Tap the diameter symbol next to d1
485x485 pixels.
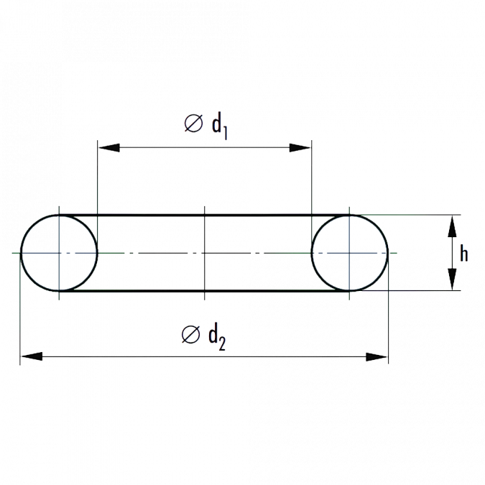[193, 124]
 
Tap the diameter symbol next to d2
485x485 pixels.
[191, 334]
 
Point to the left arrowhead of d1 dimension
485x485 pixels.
[109, 147]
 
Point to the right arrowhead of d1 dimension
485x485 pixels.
[300, 147]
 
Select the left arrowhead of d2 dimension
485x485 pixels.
[32, 356]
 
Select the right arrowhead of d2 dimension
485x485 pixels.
[377, 356]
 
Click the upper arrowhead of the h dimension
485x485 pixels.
[452, 226]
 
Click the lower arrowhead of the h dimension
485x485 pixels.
[452, 280]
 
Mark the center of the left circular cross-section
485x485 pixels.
[59, 253]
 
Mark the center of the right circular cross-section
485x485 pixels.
[349, 253]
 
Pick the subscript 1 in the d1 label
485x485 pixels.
[225, 134]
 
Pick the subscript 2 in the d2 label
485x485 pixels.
[222, 343]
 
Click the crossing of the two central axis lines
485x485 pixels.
[205, 253]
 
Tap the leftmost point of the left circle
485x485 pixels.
[21, 253]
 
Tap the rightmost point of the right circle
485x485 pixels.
[388, 253]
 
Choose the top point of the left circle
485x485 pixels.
[59, 215]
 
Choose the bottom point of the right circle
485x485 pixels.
[349, 291]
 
